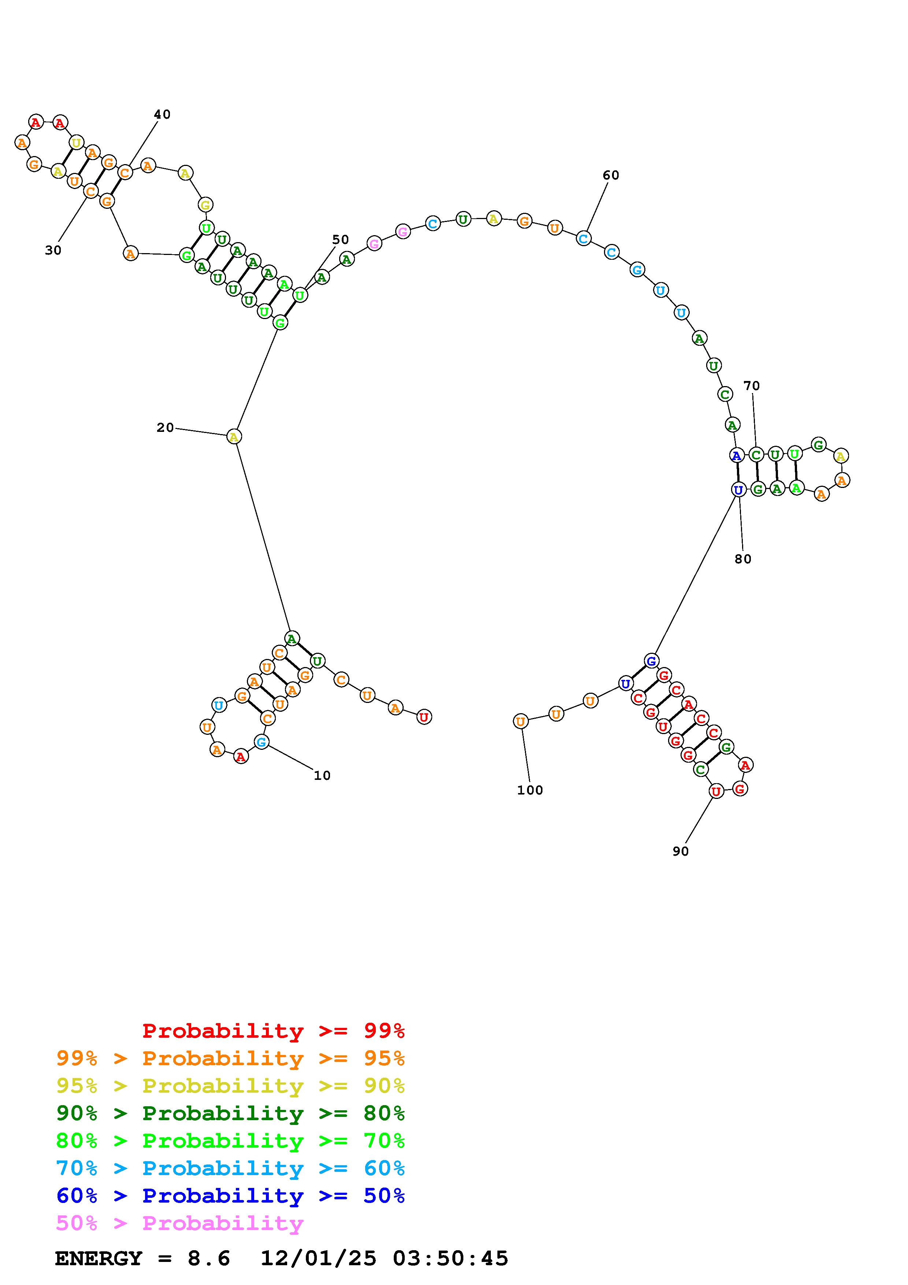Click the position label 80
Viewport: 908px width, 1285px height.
tap(743, 559)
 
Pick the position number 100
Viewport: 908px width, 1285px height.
tap(530, 790)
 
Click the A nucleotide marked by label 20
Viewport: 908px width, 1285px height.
tap(234, 437)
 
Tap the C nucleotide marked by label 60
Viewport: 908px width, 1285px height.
tap(583, 239)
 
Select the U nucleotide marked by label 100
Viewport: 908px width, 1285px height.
tap(520, 721)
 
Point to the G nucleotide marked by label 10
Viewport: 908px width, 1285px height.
tap(261, 742)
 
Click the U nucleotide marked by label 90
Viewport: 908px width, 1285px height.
tap(716, 791)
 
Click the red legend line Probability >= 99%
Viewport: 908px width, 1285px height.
tap(274, 1031)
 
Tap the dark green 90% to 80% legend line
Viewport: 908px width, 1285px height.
tap(230, 1113)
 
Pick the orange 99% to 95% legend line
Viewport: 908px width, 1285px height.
tap(230, 1058)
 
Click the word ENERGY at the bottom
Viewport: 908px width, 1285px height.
tap(99, 1259)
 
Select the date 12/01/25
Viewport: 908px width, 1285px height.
tap(318, 1259)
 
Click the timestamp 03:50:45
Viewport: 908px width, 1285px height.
tap(451, 1259)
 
